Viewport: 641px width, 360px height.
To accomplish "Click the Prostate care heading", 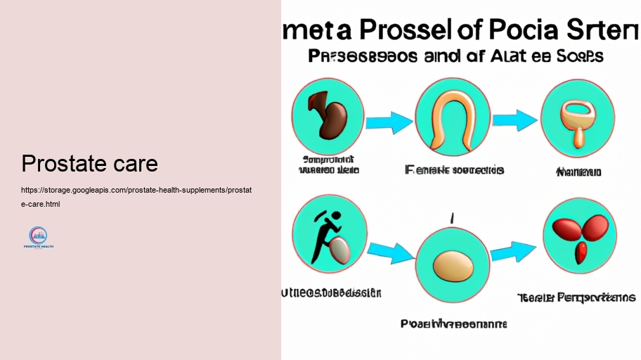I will coord(89,164).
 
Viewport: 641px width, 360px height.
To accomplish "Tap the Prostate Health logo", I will coord(38,237).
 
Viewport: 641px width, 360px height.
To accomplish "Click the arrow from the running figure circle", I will coord(390,252).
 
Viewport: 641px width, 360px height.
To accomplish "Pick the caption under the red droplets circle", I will coord(576,297).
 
